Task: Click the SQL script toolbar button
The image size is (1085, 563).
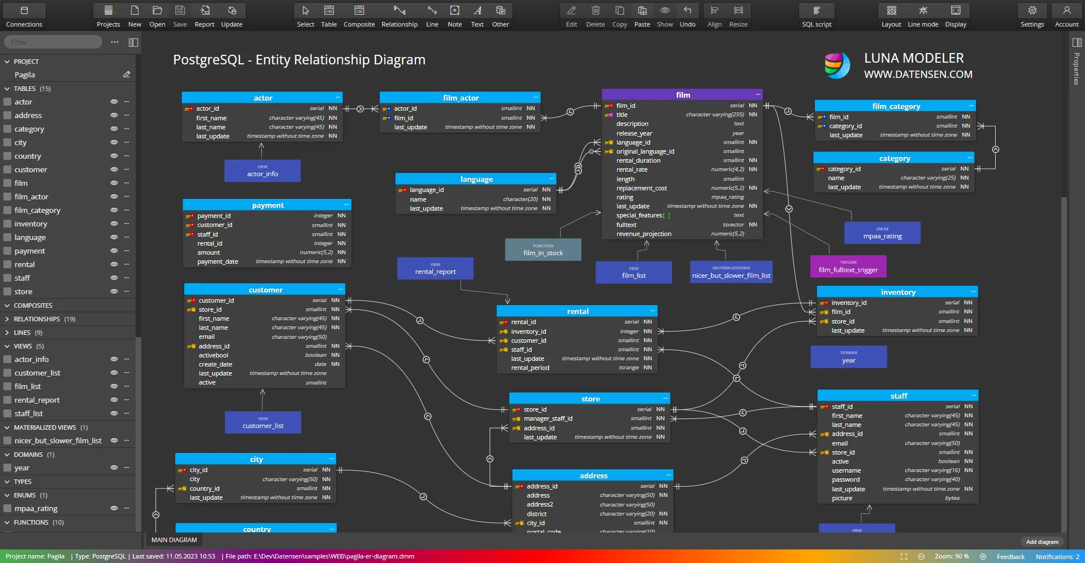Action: [x=816, y=16]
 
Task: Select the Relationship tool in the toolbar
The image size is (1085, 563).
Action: [x=399, y=16]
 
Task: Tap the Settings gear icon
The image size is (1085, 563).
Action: [x=1032, y=16]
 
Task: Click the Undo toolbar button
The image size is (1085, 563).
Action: [x=687, y=16]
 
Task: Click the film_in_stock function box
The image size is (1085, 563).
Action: [x=542, y=250]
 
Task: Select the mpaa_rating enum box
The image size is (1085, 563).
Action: [x=882, y=233]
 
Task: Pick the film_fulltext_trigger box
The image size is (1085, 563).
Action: [x=848, y=267]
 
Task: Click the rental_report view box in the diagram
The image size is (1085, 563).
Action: [x=435, y=269]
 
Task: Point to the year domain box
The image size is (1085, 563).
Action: [x=848, y=357]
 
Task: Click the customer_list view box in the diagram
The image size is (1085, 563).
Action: [x=263, y=422]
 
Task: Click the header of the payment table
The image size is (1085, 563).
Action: [x=267, y=205]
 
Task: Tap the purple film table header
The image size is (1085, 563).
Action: [x=682, y=95]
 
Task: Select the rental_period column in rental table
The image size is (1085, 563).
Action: [x=530, y=368]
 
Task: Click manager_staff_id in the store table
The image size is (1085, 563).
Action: [x=548, y=418]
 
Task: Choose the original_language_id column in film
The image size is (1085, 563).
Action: [x=645, y=151]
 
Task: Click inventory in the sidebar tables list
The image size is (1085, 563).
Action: [x=31, y=224]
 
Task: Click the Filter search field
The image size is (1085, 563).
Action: [x=53, y=42]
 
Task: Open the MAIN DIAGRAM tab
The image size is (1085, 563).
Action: [x=174, y=540]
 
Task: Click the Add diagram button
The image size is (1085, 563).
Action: [x=1041, y=542]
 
